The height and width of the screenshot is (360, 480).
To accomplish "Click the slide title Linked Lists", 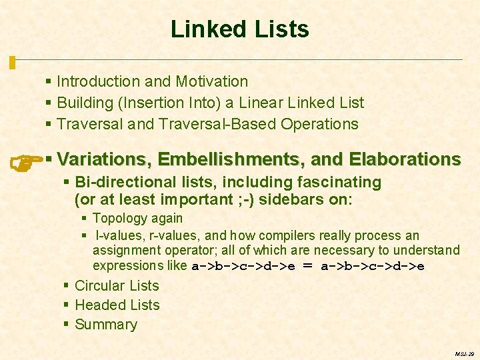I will pos(239,29).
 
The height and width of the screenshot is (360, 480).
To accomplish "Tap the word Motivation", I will pos(211,81).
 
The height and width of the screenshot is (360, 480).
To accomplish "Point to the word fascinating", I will pos(338,182).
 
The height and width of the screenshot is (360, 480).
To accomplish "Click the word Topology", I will pos(118,218).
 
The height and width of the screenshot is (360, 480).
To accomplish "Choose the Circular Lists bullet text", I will pos(117,286).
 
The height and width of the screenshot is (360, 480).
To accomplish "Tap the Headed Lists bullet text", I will pos(117,305).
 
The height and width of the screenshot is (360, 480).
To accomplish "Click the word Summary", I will pos(106,325).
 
